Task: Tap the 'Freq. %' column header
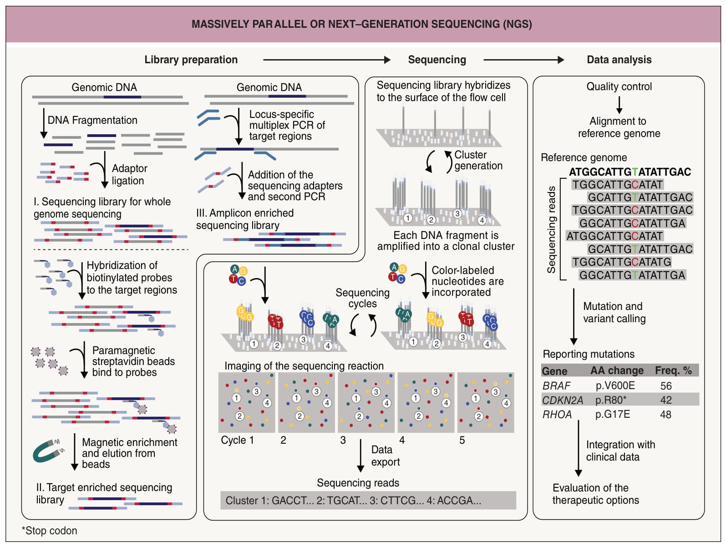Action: (673, 370)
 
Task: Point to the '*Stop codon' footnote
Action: (49, 530)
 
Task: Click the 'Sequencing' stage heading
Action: (437, 60)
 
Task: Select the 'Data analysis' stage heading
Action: (619, 60)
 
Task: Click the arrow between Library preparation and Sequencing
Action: (326, 60)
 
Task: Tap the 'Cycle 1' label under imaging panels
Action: (237, 440)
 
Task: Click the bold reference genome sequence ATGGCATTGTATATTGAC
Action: (630, 172)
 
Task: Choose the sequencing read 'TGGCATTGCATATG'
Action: (621, 262)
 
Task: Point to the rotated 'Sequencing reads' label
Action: (551, 229)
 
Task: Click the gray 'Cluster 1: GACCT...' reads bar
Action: (368, 500)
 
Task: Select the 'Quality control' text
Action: (619, 86)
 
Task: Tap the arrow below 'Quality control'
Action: (619, 105)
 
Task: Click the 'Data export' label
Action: (385, 456)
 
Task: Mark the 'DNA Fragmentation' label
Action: (92, 120)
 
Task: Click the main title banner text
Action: (361, 24)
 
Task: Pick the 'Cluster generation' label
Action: (478, 160)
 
